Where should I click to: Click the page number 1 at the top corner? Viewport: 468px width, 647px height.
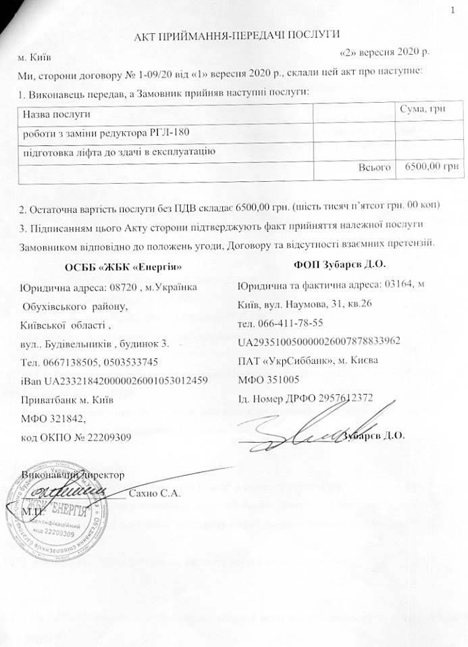[x=453, y=9]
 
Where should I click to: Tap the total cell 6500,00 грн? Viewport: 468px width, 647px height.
[x=428, y=166]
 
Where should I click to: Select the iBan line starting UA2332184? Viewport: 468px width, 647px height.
[x=118, y=379]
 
